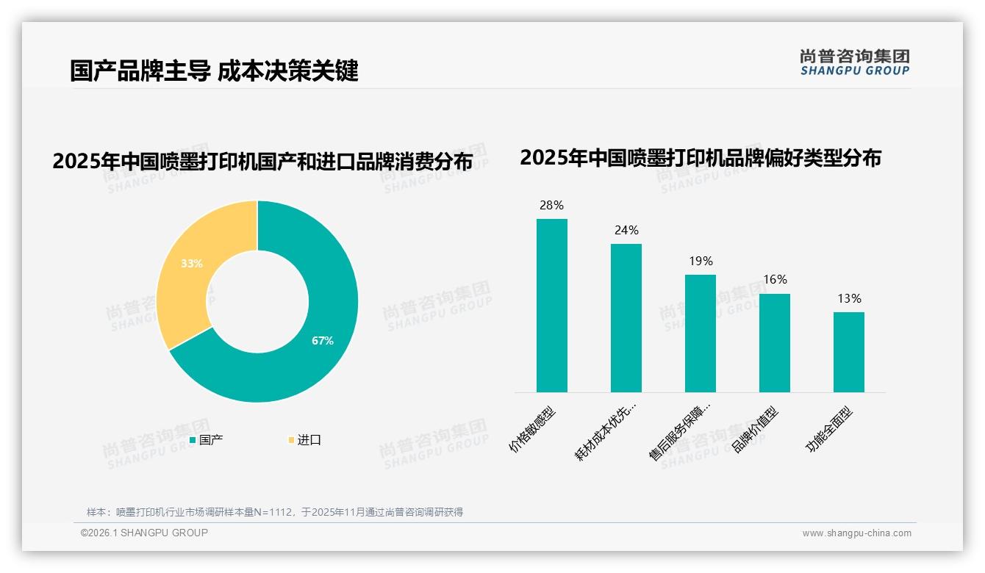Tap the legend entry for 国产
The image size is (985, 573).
click(x=207, y=440)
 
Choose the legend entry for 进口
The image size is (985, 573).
click(x=305, y=440)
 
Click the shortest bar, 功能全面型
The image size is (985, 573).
click(x=848, y=352)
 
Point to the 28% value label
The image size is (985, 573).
click(x=551, y=206)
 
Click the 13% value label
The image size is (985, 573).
click(x=848, y=298)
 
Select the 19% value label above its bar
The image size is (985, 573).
click(x=701, y=261)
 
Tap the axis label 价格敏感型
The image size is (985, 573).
click(x=534, y=428)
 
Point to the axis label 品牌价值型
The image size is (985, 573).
click(x=756, y=430)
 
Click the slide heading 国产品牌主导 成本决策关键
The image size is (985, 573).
click(x=214, y=71)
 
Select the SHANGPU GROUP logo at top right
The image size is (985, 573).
click(x=854, y=62)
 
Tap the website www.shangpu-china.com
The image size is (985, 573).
click(x=856, y=533)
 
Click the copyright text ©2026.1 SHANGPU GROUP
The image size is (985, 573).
click(x=144, y=533)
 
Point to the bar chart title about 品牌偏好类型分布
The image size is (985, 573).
click(x=700, y=158)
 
